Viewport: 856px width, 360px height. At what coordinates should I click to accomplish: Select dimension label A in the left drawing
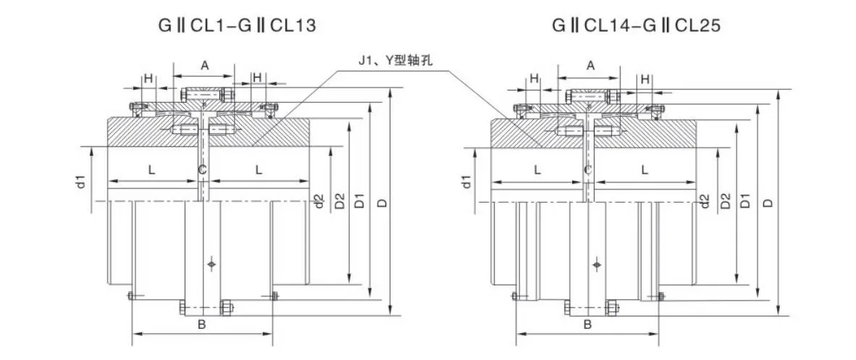click(204, 65)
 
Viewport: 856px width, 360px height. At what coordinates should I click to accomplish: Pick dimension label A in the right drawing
click(590, 65)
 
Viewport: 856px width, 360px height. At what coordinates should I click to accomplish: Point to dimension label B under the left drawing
click(202, 324)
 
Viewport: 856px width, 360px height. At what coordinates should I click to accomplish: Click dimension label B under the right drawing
click(588, 324)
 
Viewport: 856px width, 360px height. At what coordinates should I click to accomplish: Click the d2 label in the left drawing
click(319, 201)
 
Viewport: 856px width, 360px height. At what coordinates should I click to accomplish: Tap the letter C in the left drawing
click(202, 169)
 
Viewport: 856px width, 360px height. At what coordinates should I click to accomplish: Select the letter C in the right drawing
click(588, 169)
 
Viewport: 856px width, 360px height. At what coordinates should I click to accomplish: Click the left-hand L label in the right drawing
click(537, 169)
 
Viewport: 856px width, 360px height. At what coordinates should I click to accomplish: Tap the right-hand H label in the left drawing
click(257, 78)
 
